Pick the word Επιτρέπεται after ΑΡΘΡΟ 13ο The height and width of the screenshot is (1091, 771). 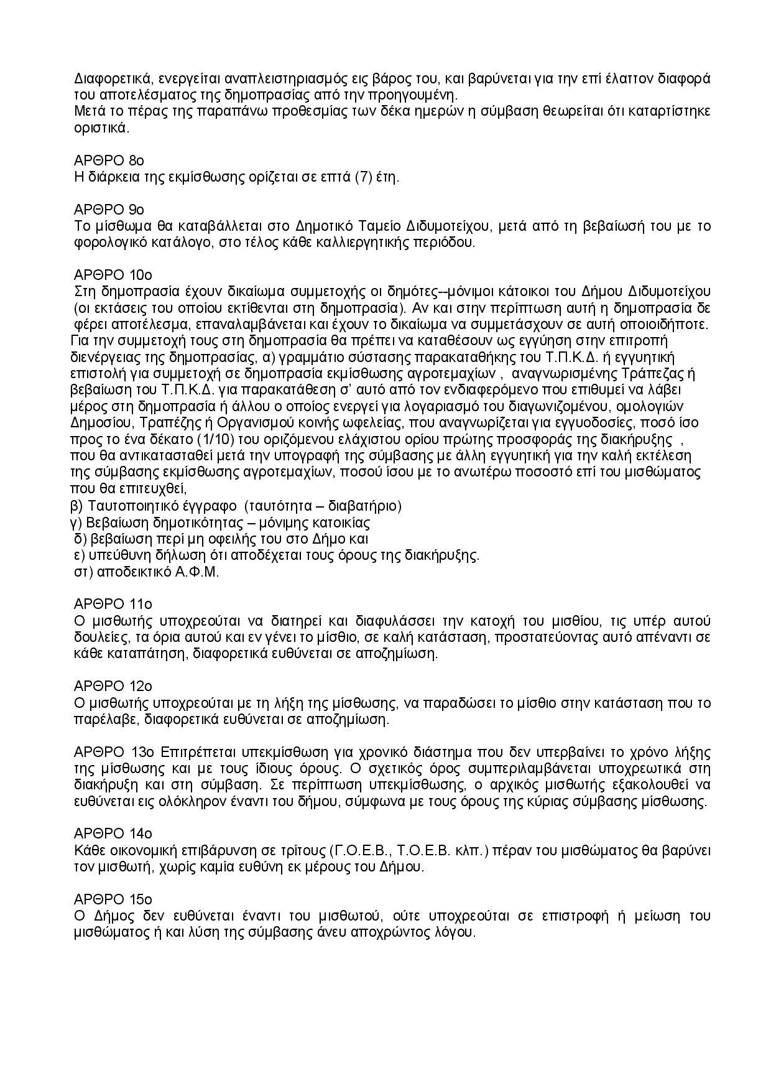[x=196, y=752]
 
